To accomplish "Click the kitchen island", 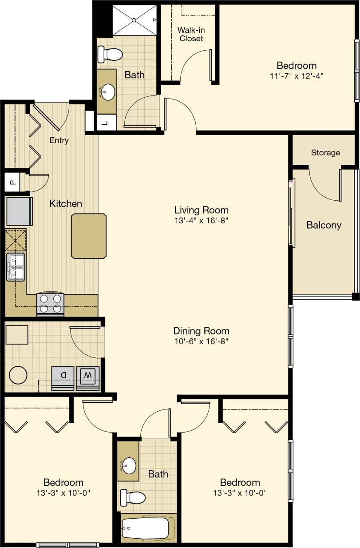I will (89, 235).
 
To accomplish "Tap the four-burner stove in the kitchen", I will (50, 304).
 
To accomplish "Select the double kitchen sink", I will (16, 267).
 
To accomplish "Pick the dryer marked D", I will (63, 377).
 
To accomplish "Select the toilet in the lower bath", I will (133, 497).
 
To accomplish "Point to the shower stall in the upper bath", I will (134, 20).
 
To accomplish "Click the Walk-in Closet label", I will (190, 34).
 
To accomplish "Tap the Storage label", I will (325, 153).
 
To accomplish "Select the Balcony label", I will (324, 225).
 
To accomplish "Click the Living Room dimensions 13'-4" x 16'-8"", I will (201, 220).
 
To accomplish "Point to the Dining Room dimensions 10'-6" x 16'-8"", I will (201, 341).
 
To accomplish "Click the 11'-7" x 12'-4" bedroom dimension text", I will (297, 75).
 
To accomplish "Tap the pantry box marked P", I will (12, 182).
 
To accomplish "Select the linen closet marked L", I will (105, 123).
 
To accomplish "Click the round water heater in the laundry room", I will (18, 375).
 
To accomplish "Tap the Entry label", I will (59, 140).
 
